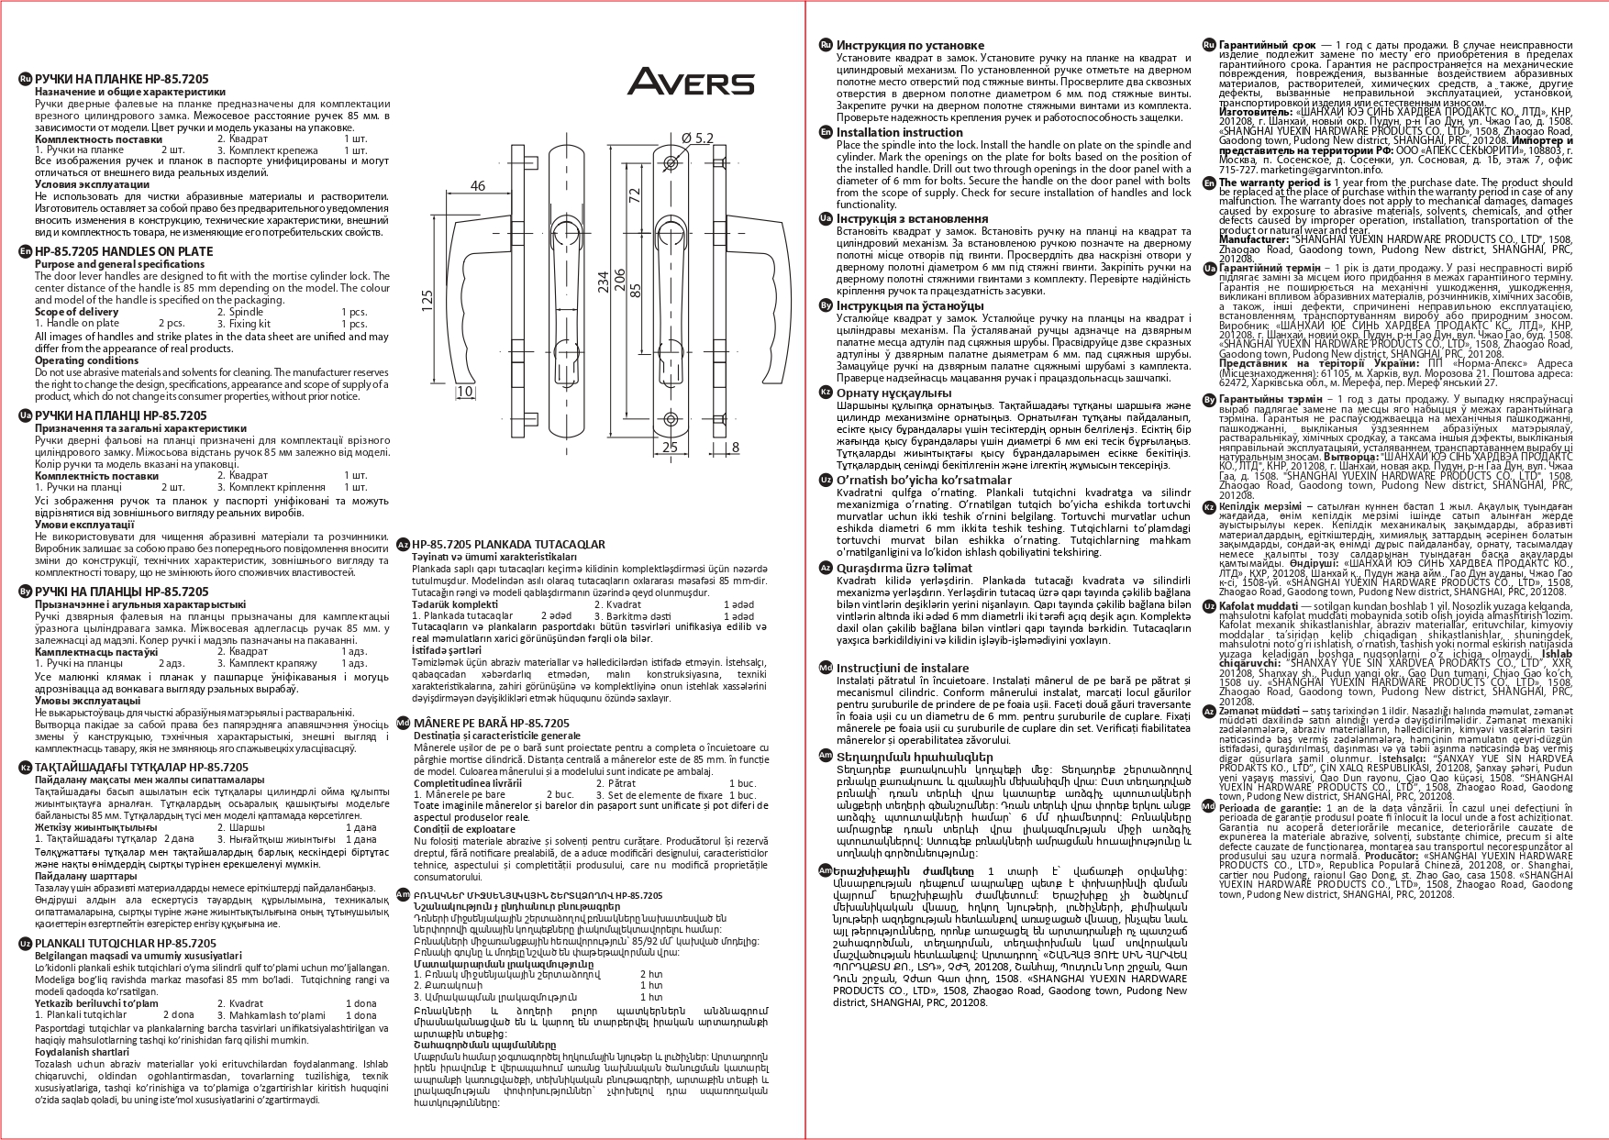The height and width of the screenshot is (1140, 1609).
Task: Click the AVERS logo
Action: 691,82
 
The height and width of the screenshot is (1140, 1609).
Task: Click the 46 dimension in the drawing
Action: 477,186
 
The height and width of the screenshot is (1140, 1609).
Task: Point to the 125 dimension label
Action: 427,301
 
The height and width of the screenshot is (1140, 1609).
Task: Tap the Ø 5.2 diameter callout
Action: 697,138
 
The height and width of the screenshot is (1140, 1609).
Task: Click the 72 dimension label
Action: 633,195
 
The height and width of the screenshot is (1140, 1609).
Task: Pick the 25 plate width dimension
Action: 670,448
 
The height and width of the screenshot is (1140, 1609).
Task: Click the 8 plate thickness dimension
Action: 735,448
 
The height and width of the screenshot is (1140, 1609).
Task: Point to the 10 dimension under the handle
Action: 464,392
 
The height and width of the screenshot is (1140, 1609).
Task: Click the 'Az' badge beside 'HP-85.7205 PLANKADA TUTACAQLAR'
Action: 403,545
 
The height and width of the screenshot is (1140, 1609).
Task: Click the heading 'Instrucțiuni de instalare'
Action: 902,668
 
